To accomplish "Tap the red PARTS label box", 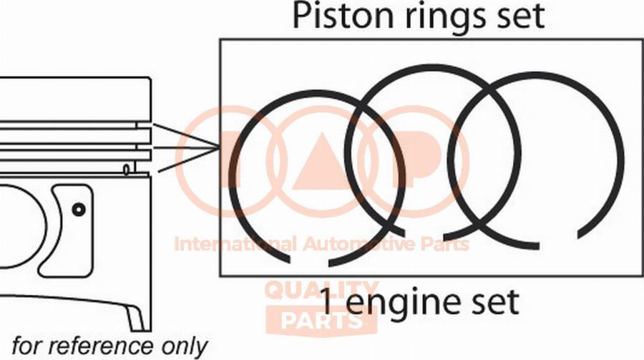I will tap(321, 320).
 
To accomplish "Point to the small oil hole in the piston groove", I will tap(126, 169).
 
